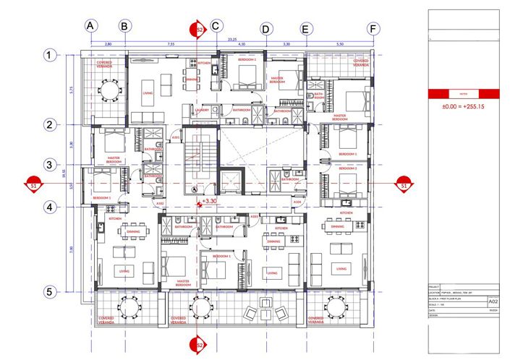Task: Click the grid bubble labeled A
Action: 90,26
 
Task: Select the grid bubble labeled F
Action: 373,29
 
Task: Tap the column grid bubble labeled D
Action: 266,29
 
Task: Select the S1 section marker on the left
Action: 33,185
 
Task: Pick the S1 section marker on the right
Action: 405,185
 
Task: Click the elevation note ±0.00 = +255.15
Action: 463,107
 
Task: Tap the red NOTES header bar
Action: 463,94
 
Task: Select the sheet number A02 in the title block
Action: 493,301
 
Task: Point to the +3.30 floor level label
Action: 210,202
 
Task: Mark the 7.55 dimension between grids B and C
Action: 171,45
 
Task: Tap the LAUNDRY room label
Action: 202,111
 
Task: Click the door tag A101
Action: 175,137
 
